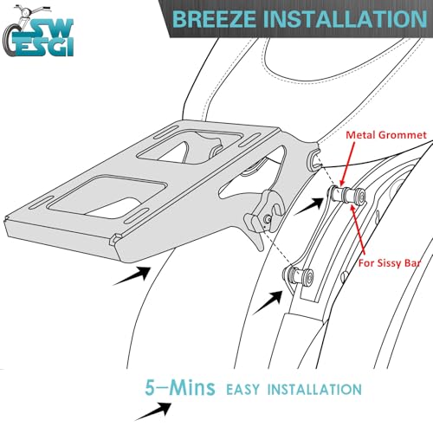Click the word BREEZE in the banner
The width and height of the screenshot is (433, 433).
point(214,19)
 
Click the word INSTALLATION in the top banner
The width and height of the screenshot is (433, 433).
point(346,19)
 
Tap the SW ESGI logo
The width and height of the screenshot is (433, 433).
point(37,31)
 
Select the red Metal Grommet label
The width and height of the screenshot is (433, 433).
point(386,135)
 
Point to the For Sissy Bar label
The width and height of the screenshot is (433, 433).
point(390,263)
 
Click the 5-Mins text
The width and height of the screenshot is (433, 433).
point(180,387)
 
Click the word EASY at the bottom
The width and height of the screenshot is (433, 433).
point(242,390)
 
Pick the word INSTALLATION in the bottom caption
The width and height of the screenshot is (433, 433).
point(314,390)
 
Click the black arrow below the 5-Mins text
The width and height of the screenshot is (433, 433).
point(153,411)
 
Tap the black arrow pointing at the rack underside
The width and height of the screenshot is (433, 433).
point(132,275)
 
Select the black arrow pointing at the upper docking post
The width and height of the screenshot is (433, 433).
point(308,206)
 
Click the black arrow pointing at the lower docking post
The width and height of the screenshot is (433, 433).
point(268,302)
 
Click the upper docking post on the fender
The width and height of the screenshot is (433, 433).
point(347,194)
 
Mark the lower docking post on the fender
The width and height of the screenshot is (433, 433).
point(298,275)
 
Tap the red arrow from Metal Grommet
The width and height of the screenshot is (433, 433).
point(347,164)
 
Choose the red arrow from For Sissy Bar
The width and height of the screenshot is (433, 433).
point(359,229)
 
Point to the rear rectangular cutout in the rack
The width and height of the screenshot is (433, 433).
point(106,197)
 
